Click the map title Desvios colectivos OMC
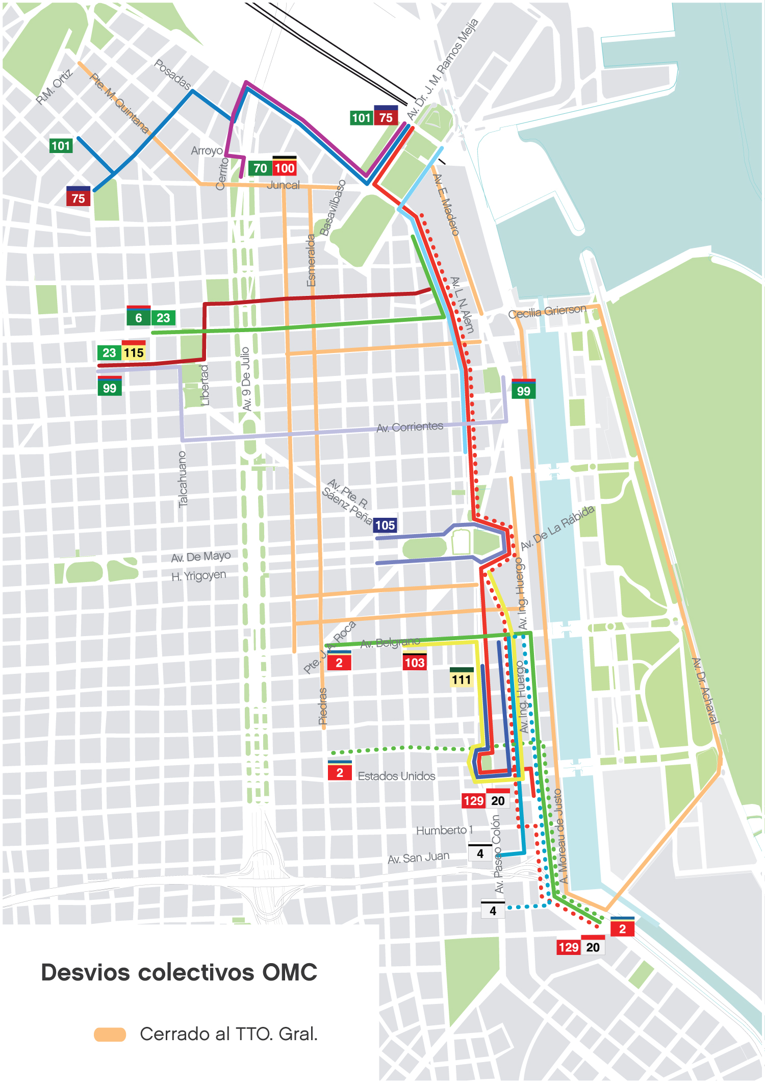(179, 972)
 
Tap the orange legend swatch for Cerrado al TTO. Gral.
(110, 1034)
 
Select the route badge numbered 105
(385, 525)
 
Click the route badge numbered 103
(414, 662)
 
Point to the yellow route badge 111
(462, 679)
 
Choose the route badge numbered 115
(134, 352)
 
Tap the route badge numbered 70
(260, 168)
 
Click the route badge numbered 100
(285, 168)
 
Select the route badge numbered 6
(138, 317)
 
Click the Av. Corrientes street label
(410, 427)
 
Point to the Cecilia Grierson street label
(547, 311)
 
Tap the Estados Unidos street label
(396, 776)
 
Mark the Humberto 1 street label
(444, 830)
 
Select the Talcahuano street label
(182, 479)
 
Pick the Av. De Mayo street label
(200, 557)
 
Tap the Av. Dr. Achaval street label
(705, 691)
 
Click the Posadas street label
(172, 74)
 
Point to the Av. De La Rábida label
(557, 527)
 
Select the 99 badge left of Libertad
(109, 387)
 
